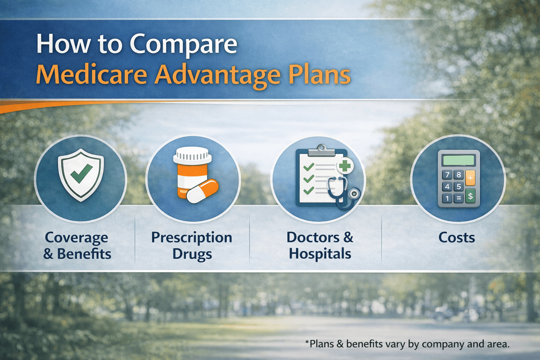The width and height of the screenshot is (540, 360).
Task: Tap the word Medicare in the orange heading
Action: point(91,75)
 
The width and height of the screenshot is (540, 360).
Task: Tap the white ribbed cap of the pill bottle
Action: point(193,155)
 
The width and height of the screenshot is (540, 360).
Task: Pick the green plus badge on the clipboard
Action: point(345,166)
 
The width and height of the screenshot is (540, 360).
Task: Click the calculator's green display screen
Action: point(459,160)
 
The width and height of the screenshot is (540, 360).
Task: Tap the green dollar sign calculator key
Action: point(470,196)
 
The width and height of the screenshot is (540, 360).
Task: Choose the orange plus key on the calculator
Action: point(470,178)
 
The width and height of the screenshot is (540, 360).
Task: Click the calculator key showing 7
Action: point(447,175)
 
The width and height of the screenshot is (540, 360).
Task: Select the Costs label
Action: point(456,238)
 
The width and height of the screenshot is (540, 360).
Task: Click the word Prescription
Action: point(192,238)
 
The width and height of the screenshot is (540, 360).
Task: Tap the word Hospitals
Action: point(320,254)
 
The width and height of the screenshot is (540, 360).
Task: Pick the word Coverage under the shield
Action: point(76,238)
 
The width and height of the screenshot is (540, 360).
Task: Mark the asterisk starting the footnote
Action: point(307,342)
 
